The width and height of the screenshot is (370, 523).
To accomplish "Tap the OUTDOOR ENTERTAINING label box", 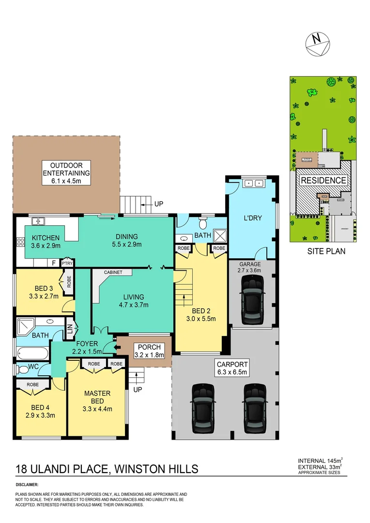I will (66, 173).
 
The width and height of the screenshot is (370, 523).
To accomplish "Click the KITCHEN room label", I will (46, 242).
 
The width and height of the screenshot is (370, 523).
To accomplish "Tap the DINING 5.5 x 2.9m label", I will (126, 241).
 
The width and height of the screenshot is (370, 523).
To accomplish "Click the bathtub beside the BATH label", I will (31, 352).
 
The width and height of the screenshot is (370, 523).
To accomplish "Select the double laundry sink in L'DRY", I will (254, 184).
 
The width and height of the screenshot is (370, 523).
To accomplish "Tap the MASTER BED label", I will (97, 400).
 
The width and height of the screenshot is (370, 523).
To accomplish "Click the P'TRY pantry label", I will (67, 263).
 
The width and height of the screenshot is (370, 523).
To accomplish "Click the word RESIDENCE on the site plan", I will (324, 181).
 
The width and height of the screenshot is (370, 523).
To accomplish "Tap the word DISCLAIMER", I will (27, 484).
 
